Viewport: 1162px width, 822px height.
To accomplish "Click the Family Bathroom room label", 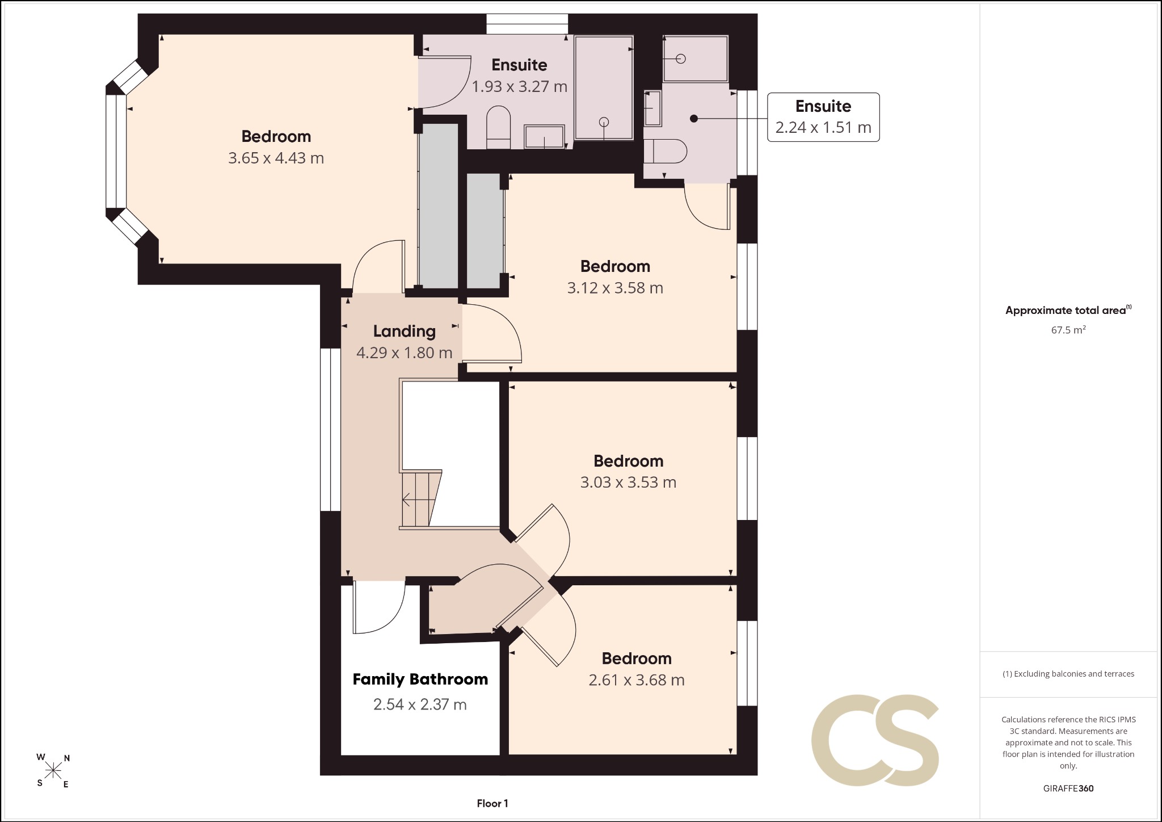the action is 420,680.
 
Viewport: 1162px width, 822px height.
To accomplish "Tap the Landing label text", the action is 404,332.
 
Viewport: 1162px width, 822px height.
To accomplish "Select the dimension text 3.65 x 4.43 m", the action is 276,158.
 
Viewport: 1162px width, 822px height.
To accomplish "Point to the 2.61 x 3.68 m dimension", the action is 637,680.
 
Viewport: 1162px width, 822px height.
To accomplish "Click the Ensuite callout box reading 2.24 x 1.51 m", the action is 823,117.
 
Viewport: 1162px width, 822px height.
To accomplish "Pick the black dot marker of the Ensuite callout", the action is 693,118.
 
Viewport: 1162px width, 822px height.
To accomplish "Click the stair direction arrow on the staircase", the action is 419,500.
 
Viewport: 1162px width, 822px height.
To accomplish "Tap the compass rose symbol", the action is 53,770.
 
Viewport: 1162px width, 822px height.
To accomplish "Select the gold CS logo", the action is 875,740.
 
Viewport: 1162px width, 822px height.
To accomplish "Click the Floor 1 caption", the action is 492,803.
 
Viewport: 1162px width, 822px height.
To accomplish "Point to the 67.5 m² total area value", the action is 1068,330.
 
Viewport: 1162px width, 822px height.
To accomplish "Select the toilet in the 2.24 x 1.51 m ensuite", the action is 665,151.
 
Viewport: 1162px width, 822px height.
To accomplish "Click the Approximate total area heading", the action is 1068,310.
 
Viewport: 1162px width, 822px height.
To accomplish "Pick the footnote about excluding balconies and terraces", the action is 1068,674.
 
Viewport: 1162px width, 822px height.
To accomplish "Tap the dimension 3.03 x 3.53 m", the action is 628,483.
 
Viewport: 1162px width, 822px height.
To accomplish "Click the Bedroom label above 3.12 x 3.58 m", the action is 615,266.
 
